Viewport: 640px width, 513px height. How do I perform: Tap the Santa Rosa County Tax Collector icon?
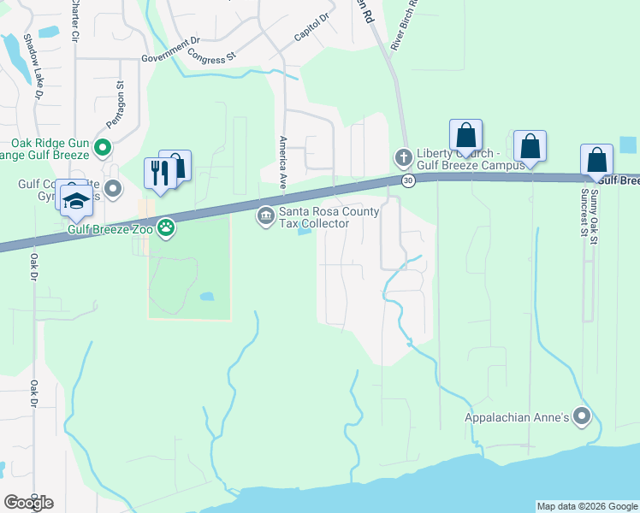265,215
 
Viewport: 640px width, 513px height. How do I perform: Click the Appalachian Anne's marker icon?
582,417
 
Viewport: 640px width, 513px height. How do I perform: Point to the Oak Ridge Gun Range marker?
103,148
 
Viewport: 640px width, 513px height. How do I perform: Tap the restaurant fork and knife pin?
160,172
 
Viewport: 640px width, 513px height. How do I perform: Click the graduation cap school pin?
75,201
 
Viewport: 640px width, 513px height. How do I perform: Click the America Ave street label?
281,162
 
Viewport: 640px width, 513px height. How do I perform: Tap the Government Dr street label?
170,50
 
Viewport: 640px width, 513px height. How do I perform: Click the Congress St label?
211,59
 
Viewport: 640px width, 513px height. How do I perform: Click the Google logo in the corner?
29,502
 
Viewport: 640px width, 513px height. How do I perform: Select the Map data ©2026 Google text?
587,506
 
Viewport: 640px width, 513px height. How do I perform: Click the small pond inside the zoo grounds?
206,297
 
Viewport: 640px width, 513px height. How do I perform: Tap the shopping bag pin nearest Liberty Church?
466,135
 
